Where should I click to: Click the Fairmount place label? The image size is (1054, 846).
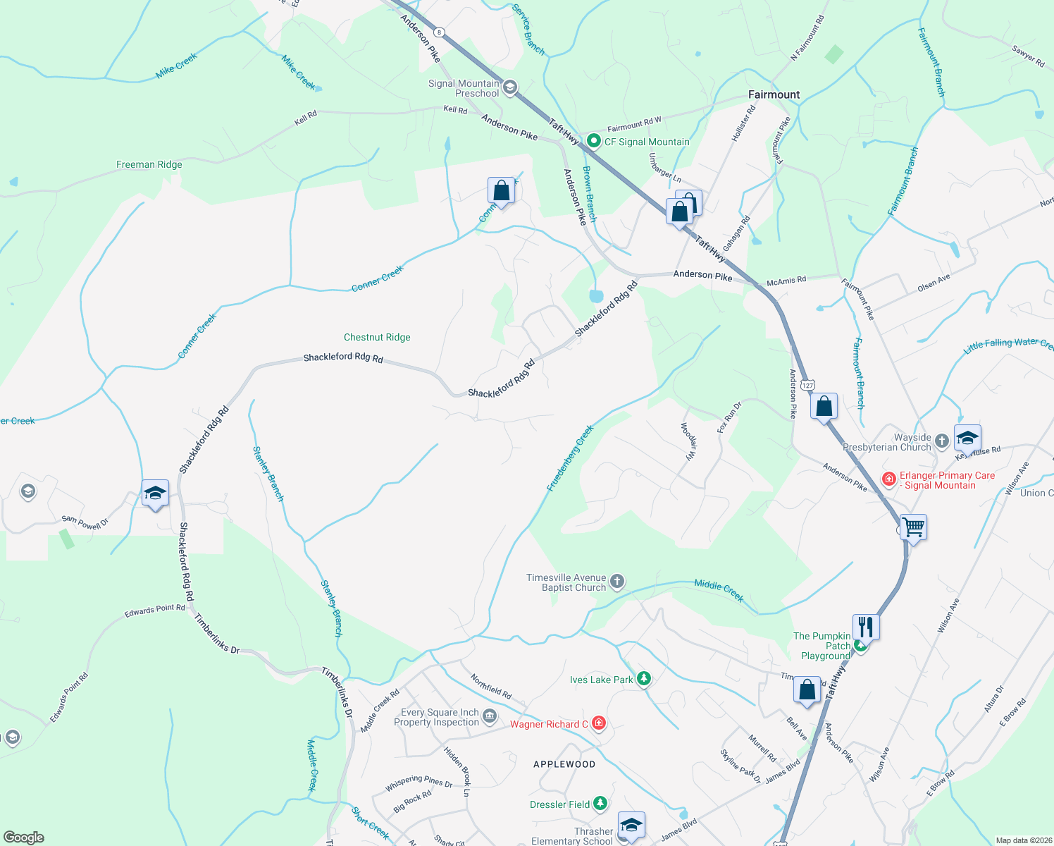pyautogui.click(x=774, y=94)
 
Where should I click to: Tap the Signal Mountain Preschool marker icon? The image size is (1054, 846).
pyautogui.click(x=510, y=87)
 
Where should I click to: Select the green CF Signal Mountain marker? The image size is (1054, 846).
pyautogui.click(x=593, y=142)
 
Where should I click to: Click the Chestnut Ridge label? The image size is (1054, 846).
pyautogui.click(x=377, y=338)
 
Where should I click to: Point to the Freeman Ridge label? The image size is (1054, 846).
pyautogui.click(x=149, y=165)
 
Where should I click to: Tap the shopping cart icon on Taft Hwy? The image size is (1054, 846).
pyautogui.click(x=913, y=527)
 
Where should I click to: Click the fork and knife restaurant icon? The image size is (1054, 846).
pyautogui.click(x=866, y=626)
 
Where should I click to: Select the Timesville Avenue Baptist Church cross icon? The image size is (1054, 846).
pyautogui.click(x=616, y=582)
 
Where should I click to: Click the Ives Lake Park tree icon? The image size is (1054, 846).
pyautogui.click(x=643, y=679)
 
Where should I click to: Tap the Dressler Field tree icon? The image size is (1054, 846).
pyautogui.click(x=600, y=804)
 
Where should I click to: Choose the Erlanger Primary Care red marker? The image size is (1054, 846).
pyautogui.click(x=889, y=479)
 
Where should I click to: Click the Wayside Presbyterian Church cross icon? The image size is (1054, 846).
pyautogui.click(x=942, y=442)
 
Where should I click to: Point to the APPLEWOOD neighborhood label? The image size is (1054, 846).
pyautogui.click(x=564, y=764)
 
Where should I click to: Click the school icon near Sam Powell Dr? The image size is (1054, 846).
pyautogui.click(x=154, y=493)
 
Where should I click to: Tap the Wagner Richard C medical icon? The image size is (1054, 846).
pyautogui.click(x=598, y=723)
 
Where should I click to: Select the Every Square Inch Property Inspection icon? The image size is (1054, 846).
pyautogui.click(x=490, y=717)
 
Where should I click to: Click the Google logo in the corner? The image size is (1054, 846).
pyautogui.click(x=23, y=837)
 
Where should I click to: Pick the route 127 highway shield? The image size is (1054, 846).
pyautogui.click(x=807, y=385)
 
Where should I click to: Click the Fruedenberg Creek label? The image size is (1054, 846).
pyautogui.click(x=570, y=458)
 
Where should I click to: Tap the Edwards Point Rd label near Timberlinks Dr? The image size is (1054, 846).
pyautogui.click(x=155, y=611)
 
